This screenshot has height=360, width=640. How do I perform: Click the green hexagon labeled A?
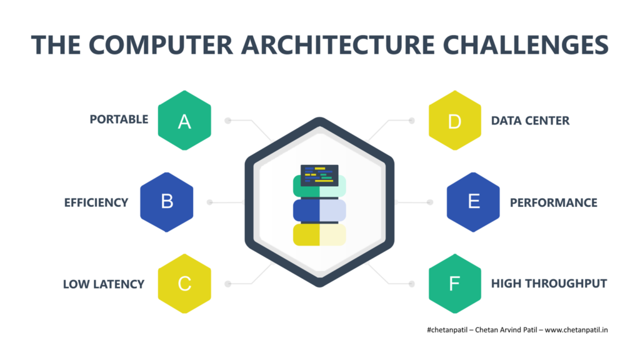pyautogui.click(x=184, y=121)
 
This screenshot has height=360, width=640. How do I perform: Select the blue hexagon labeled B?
pyautogui.click(x=166, y=202)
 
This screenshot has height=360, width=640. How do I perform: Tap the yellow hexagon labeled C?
pyautogui.click(x=184, y=284)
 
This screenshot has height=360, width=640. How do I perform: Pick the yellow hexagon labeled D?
pyautogui.click(x=455, y=121)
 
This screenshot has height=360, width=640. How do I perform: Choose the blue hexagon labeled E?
pyautogui.click(x=473, y=202)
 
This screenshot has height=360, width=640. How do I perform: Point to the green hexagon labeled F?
pyautogui.click(x=455, y=284)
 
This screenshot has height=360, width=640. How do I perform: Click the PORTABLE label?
pyautogui.click(x=119, y=119)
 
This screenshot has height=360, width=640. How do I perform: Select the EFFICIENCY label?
pyautogui.click(x=96, y=203)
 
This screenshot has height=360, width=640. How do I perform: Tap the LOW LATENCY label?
pyautogui.click(x=104, y=284)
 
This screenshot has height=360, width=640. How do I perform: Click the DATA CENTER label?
pyautogui.click(x=530, y=121)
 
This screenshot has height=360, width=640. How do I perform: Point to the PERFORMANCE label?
pyautogui.click(x=554, y=203)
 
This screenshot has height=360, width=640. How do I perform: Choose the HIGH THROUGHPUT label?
pyautogui.click(x=549, y=284)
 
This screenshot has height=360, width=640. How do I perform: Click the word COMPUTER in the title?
pyautogui.click(x=161, y=44)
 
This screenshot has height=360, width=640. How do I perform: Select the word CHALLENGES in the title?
pyautogui.click(x=526, y=44)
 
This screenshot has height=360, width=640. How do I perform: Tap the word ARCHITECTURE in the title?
pyautogui.click(x=338, y=44)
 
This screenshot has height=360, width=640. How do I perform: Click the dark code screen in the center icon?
pyautogui.click(x=319, y=175)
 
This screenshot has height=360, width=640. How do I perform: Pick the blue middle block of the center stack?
pyautogui.click(x=319, y=210)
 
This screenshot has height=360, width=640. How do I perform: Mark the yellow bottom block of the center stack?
pyautogui.click(x=319, y=235)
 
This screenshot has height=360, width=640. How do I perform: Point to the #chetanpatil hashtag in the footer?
pyautogui.click(x=447, y=330)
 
